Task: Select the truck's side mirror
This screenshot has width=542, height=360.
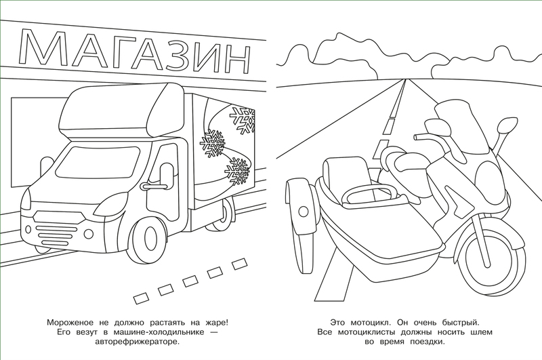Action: [166, 176]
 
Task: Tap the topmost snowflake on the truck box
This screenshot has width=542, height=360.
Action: [243, 120]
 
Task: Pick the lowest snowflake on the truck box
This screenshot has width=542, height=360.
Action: [238, 170]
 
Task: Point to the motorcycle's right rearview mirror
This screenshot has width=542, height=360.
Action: [507, 123]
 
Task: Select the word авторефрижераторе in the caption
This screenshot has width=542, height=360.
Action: [138, 342]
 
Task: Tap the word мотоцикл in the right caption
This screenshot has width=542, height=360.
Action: [370, 323]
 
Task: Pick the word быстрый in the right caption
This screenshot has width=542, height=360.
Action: [461, 323]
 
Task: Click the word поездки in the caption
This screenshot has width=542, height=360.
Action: [428, 342]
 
